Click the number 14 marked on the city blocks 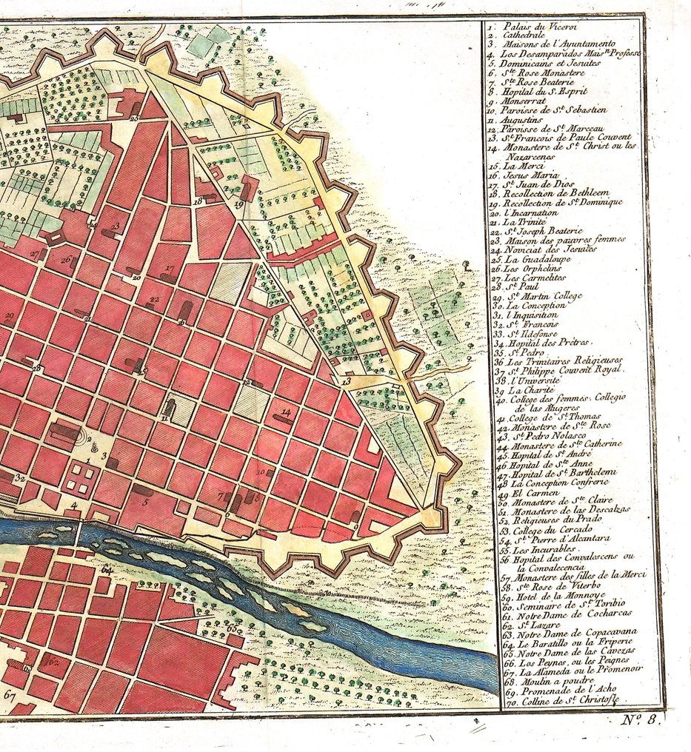coord(286,412)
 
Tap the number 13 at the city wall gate coord(346,380)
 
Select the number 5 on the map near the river coord(146,502)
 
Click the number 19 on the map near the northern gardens coord(238,204)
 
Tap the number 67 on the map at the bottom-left coord(10,695)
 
